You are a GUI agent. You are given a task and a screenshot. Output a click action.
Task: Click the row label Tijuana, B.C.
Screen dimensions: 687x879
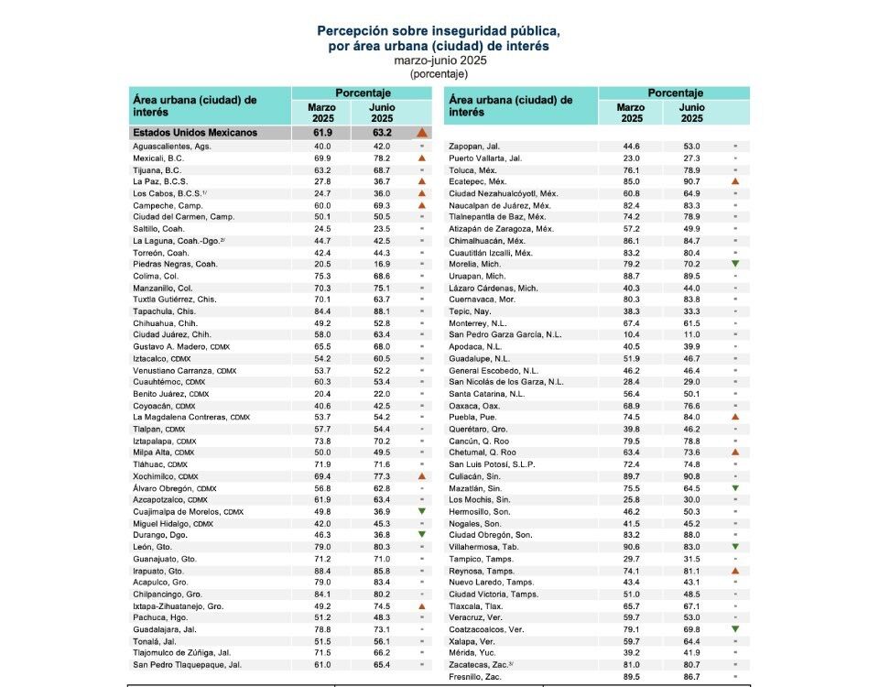coord(158,170)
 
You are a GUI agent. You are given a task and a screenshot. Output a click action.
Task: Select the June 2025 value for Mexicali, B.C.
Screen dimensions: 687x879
coord(381,158)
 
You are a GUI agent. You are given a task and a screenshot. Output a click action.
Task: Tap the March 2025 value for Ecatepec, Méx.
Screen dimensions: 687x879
coord(631,182)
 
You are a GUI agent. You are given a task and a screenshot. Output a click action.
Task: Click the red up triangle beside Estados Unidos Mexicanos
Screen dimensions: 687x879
coord(422,133)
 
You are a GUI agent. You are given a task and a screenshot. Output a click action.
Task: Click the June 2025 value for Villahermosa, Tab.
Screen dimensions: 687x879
coord(691,547)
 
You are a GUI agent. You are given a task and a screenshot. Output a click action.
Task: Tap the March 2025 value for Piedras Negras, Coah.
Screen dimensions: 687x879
coord(321,265)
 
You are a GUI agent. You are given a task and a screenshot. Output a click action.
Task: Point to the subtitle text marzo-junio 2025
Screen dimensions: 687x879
coord(439,60)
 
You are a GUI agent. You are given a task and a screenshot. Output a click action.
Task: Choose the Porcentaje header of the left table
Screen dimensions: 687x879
coord(363,93)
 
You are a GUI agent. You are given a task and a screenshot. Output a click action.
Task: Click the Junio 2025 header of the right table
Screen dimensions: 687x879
coord(691,113)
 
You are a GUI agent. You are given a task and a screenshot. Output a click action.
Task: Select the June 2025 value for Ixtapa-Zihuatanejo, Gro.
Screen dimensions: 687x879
coord(381,605)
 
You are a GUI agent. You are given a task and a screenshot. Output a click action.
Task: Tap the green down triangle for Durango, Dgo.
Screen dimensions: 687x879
coord(421,535)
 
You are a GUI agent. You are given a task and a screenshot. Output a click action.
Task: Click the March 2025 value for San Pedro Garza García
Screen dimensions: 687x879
coord(631,359)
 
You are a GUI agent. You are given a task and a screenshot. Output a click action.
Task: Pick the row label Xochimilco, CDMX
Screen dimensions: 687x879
coord(167,476)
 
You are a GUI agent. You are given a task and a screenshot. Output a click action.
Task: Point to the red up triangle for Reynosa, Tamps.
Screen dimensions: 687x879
coord(734,570)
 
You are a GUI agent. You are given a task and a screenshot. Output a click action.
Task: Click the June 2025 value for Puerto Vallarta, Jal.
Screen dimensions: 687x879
coord(691,158)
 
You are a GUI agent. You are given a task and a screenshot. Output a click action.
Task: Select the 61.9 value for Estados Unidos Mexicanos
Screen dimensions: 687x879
coord(321,133)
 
